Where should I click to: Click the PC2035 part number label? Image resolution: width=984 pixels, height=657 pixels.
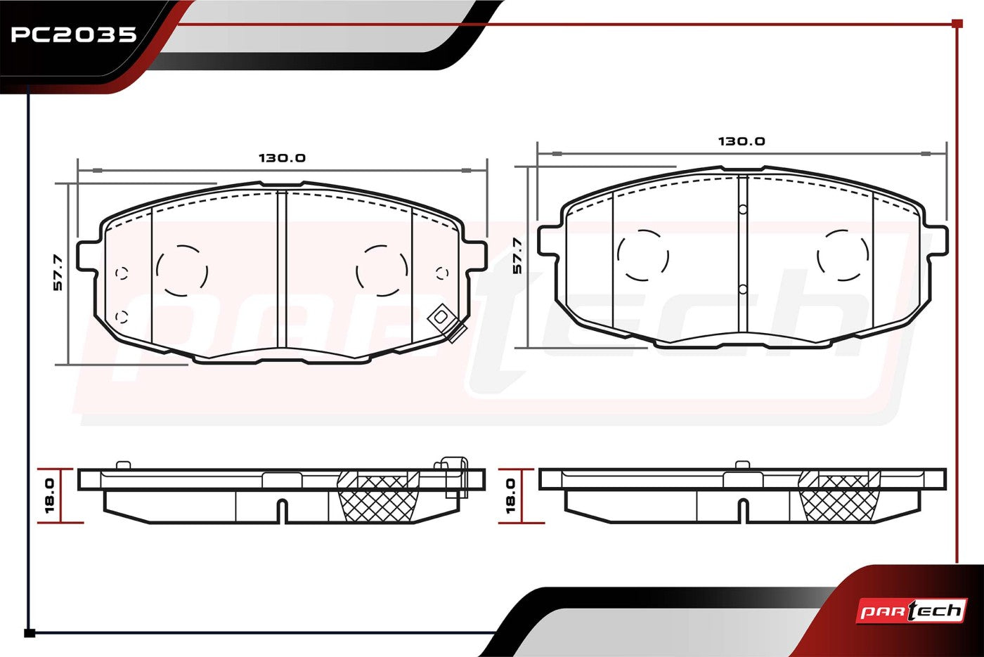(74, 34)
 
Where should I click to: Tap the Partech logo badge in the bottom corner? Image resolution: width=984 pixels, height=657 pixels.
(912, 611)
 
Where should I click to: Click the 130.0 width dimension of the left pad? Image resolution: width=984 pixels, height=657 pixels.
(282, 157)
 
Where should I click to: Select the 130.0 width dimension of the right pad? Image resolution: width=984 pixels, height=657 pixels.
(742, 141)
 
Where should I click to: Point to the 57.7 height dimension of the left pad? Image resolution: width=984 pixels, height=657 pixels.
(58, 273)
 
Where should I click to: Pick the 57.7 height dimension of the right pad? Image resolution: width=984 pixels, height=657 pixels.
(517, 256)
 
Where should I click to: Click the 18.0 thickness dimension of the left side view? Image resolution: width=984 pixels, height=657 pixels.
(49, 496)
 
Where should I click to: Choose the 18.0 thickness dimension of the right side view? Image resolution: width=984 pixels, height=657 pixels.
(510, 496)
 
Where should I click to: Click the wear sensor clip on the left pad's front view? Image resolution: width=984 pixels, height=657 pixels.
(447, 323)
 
